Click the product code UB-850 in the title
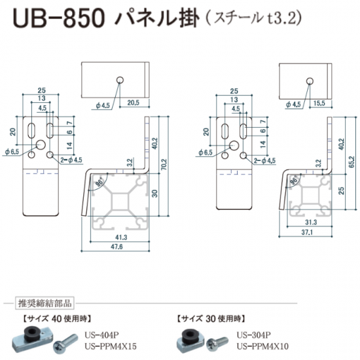[59, 19]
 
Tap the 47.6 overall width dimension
[117, 247]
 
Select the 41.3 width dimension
[121, 237]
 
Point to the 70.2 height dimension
[164, 164]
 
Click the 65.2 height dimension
[351, 162]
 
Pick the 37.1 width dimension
[307, 232]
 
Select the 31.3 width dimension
[311, 222]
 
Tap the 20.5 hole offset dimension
[134, 103]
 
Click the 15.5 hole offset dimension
[319, 103]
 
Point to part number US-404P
[101, 335]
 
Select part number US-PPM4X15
[111, 346]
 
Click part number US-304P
[254, 335]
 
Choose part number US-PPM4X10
[262, 346]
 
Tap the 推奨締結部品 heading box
[45, 303]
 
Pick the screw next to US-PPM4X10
[217, 343]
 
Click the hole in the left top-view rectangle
[120, 80]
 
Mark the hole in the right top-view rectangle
[310, 81]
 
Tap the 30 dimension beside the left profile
[155, 193]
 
